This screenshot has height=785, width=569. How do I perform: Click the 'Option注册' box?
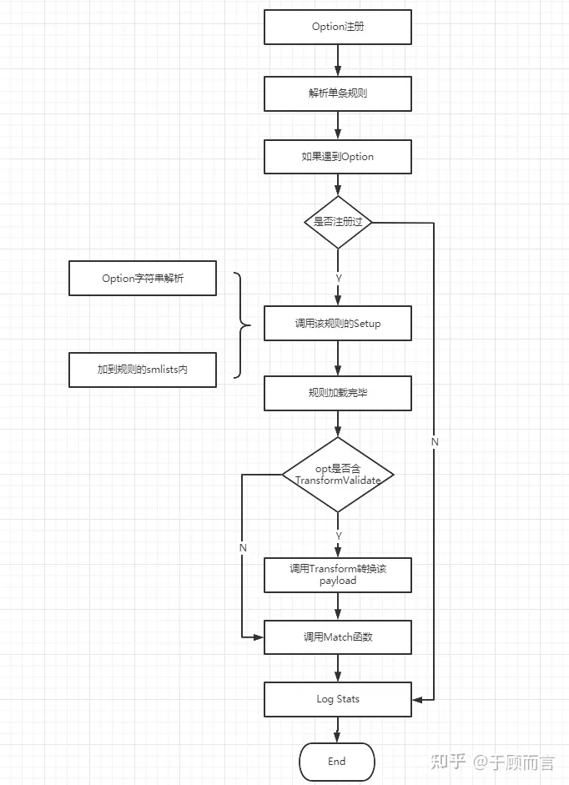click(338, 27)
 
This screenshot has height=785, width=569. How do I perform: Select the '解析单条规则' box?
click(338, 93)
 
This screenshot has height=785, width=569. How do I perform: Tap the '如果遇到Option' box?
click(338, 157)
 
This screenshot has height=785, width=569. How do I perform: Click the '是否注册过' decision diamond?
click(338, 222)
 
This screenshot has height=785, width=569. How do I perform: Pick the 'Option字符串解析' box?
click(143, 279)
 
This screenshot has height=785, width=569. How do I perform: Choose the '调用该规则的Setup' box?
click(338, 324)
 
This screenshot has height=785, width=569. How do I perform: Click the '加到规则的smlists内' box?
click(143, 370)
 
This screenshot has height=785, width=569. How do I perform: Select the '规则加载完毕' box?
click(338, 394)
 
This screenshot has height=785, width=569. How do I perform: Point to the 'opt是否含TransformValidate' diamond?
click(338, 475)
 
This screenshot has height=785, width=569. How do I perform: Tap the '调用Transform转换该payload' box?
click(338, 576)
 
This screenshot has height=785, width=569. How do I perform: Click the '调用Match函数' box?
click(338, 637)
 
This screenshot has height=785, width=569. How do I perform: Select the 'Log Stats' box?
click(338, 699)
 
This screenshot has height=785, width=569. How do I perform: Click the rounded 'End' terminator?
click(337, 762)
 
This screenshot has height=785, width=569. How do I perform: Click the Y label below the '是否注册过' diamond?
click(339, 279)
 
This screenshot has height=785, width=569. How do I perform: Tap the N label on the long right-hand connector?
click(435, 442)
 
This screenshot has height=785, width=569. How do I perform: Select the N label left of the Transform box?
click(243, 548)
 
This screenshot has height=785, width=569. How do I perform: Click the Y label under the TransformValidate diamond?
click(339, 536)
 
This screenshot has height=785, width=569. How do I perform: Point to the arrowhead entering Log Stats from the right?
click(417, 700)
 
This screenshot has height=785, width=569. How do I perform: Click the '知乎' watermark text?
click(448, 762)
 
